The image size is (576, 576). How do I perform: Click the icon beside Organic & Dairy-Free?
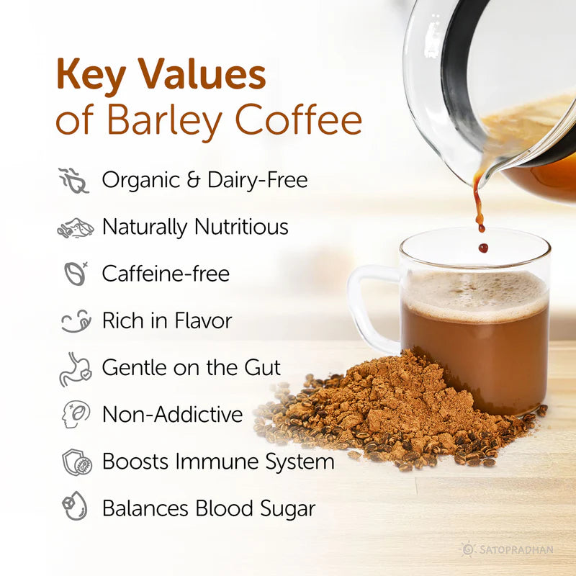pos(73,180)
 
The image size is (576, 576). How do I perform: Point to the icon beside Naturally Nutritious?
pos(74,228)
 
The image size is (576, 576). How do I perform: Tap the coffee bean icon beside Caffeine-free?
pos(74,274)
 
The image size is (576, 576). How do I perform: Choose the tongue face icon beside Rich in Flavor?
pos(74,320)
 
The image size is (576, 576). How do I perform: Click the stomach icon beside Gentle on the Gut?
pos(74,368)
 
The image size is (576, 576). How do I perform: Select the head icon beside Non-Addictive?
pos(74,415)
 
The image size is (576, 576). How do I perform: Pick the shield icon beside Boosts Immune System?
pos(74,462)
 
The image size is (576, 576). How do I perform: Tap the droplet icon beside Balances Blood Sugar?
pos(74,508)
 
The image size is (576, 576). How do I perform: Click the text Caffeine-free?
pos(166,274)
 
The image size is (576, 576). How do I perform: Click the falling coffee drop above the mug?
pos(482,248)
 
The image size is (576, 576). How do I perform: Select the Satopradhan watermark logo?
pos(508,549)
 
